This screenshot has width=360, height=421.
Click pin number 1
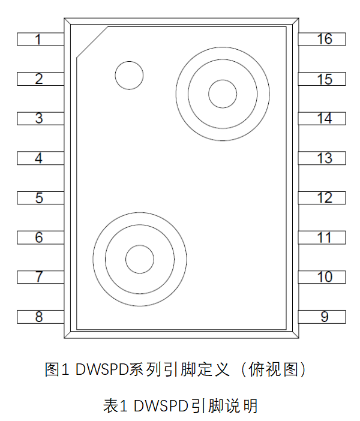[40, 40]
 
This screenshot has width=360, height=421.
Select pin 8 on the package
[40, 317]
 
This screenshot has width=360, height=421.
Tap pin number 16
[323, 40]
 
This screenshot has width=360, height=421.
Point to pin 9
[323, 317]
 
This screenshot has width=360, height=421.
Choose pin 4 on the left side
[40, 158]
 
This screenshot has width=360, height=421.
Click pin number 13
[323, 158]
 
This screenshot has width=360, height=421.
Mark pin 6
[40, 237]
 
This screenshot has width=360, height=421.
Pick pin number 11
[323, 237]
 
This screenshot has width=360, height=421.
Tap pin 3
[40, 118]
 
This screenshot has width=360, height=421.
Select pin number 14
[323, 118]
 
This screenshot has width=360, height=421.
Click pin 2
[40, 79]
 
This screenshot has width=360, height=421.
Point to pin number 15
[323, 79]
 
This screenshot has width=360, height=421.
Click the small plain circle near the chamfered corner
[129, 76]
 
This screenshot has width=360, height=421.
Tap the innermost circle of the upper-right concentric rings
[223, 93]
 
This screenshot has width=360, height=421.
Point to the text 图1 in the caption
[58, 369]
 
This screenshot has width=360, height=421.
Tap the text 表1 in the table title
[116, 406]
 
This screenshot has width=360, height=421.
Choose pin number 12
[323, 197]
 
